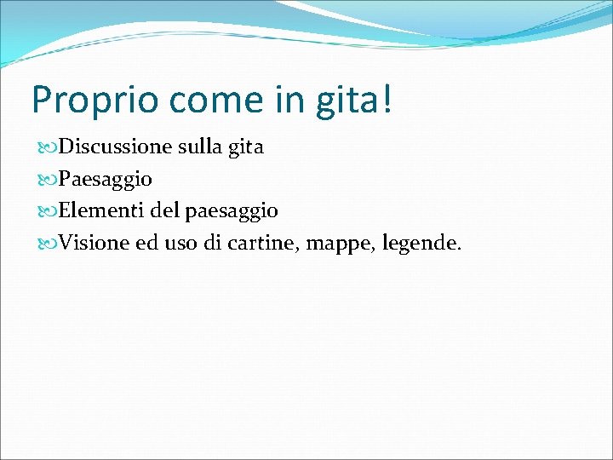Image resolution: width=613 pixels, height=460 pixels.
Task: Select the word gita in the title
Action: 352,100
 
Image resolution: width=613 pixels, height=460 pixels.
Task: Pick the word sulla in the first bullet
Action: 198,147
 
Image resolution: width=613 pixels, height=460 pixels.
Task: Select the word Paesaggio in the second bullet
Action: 106,180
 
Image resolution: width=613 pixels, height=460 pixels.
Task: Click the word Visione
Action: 95,244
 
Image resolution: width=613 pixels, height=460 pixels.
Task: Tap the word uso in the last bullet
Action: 181,244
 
